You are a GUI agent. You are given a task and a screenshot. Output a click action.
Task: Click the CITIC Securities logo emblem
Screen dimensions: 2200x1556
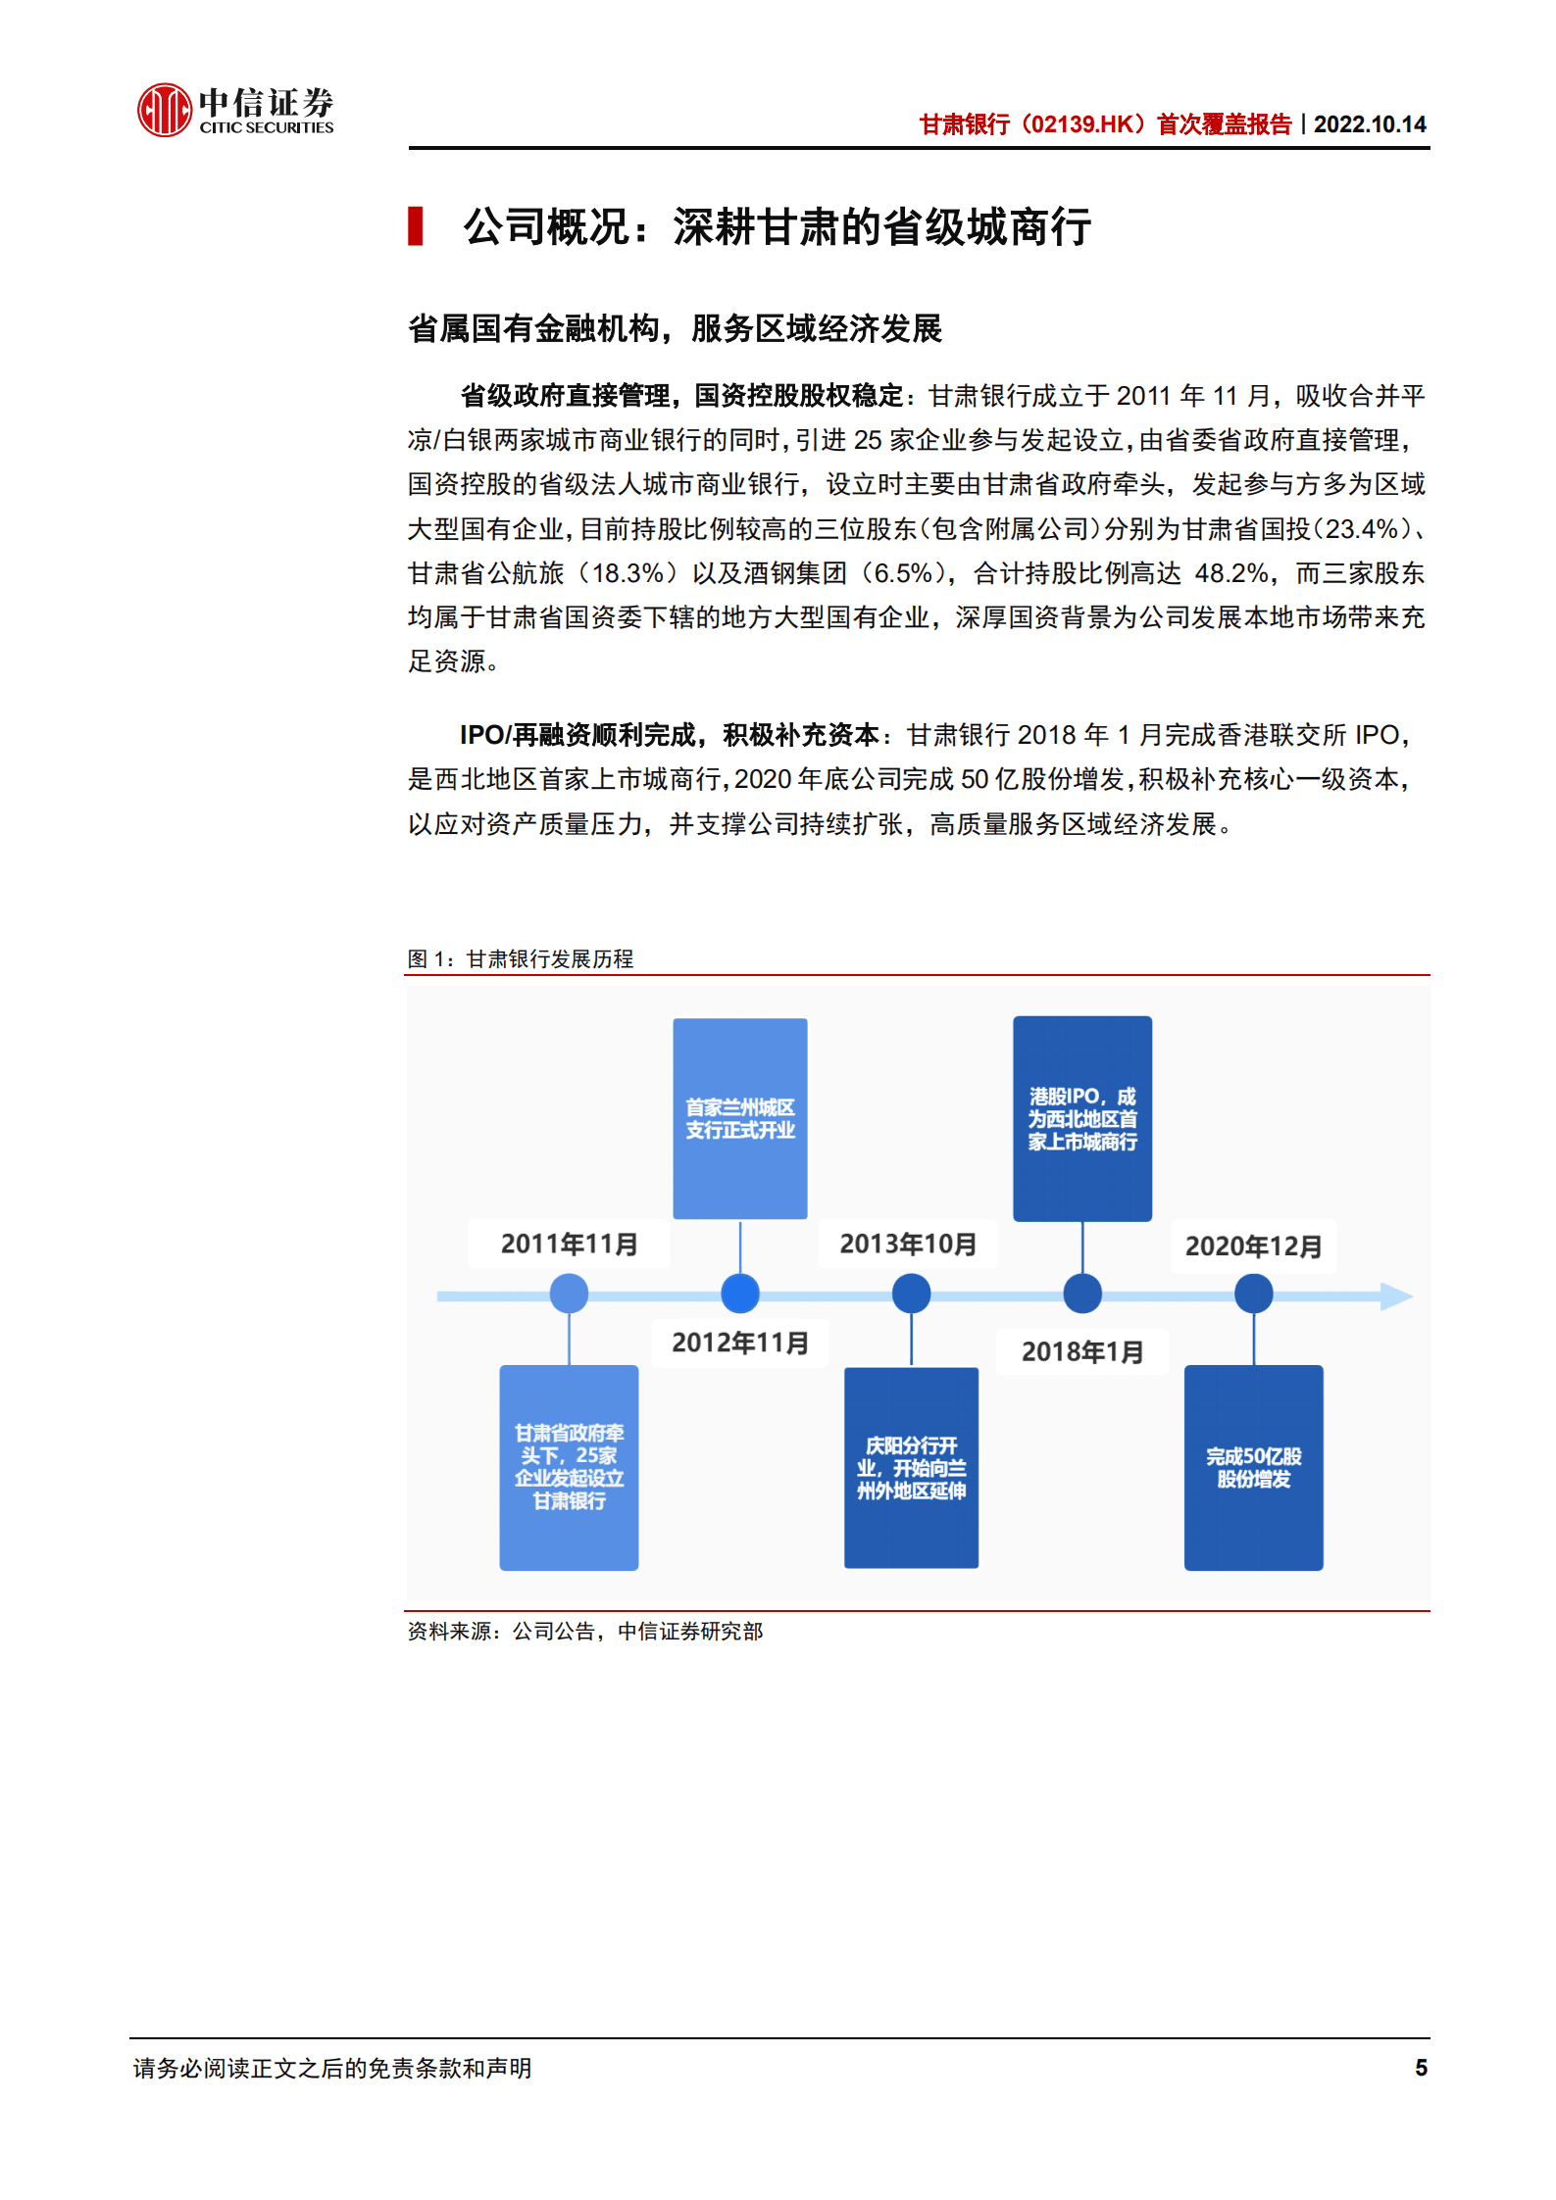point(164,110)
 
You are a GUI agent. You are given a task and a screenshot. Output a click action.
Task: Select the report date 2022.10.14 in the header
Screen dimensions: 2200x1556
point(1370,124)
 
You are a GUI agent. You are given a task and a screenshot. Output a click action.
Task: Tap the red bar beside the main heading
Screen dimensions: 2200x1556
point(416,226)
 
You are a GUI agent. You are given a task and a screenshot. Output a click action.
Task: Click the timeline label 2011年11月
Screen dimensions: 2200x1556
point(569,1245)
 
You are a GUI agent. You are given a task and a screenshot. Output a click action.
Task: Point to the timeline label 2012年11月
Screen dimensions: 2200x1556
point(740,1343)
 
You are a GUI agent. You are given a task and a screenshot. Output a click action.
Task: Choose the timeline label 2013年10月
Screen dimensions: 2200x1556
point(908,1245)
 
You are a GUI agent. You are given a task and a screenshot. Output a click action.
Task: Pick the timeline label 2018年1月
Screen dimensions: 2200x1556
point(1082,1352)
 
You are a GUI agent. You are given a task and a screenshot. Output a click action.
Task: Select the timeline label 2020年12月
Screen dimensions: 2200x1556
point(1253,1247)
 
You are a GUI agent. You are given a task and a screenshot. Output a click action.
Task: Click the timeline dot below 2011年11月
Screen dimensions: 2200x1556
point(569,1294)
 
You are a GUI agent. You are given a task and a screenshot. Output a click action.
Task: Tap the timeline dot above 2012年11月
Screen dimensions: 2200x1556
point(740,1294)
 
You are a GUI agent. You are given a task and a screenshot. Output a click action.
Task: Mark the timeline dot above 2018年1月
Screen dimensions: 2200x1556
point(1082,1294)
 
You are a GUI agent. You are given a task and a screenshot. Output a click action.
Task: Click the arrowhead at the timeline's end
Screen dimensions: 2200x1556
point(1396,1296)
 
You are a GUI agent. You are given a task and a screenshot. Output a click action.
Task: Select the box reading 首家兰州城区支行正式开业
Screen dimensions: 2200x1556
point(740,1118)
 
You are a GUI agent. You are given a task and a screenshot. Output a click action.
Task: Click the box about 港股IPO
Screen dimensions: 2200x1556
point(1082,1118)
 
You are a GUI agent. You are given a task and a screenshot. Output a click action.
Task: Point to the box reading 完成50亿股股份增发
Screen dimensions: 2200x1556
point(1253,1467)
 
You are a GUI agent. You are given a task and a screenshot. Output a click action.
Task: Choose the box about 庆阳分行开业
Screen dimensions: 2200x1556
point(911,1467)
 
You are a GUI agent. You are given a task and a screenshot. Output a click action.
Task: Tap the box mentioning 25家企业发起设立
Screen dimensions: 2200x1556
point(569,1467)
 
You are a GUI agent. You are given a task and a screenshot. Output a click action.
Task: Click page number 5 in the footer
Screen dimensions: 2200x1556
point(1421,2068)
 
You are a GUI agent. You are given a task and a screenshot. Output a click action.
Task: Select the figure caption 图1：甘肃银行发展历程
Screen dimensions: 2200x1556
point(521,958)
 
